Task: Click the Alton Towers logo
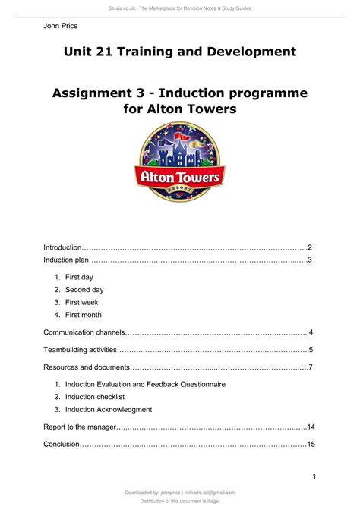180,162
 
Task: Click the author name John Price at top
62,26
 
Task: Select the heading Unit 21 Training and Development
180,52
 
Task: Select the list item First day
79,278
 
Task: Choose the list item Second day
84,290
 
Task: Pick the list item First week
81,302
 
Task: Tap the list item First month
83,315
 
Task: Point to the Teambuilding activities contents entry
81,350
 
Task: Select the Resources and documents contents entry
87,367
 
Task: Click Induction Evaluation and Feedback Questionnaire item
145,385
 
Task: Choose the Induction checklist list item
95,397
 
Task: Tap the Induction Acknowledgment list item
109,409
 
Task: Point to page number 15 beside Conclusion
311,444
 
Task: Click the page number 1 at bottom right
313,475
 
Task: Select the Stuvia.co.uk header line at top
180,8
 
